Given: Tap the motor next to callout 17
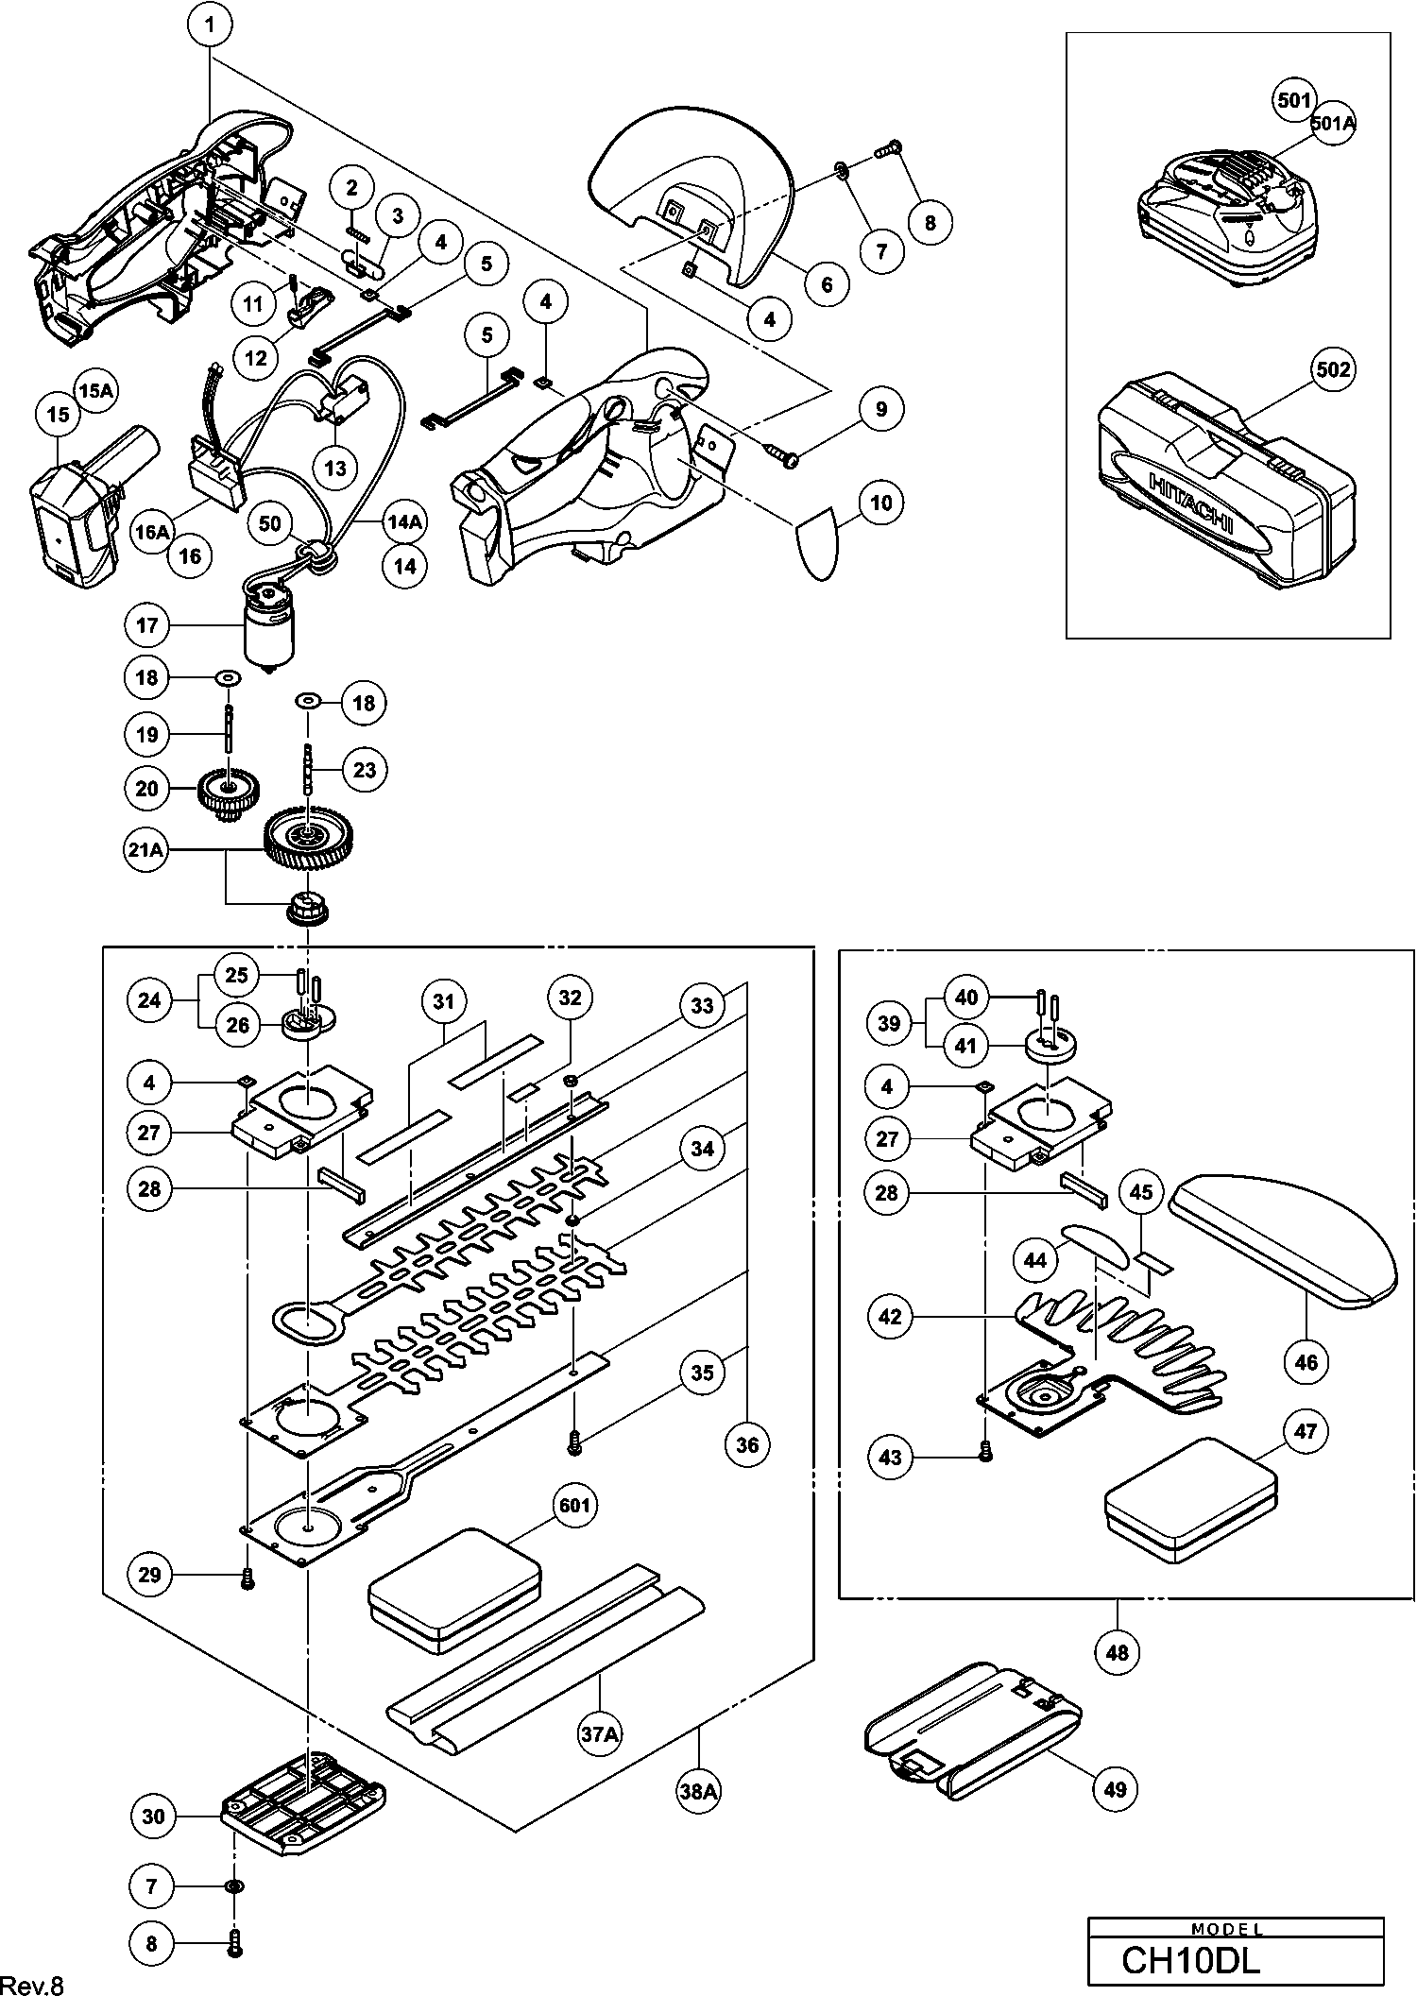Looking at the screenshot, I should (269, 629).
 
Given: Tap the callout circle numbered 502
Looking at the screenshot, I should (1333, 369).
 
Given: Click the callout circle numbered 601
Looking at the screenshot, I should (574, 1504).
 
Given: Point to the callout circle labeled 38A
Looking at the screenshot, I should (698, 1788).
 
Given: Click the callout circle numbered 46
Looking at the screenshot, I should (1306, 1361).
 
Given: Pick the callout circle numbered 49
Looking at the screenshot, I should (1116, 1788).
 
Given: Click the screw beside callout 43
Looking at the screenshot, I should (986, 1456).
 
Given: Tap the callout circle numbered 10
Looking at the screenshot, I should (880, 503).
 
